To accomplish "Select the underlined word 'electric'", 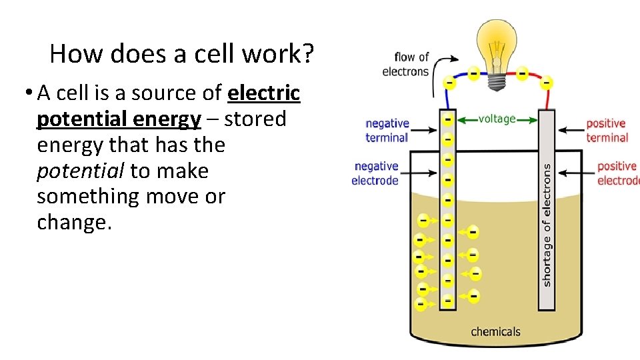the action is coord(264,93).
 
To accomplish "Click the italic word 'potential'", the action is coord(80,171).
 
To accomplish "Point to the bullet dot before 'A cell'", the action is coord(29,92).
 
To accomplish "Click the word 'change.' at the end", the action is coord(74,223).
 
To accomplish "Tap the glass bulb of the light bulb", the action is coord(497,45).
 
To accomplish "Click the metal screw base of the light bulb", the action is coord(497,81).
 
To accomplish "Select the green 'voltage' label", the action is coord(497,119).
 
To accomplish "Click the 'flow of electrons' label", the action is coord(405,64).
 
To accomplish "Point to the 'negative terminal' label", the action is coord(387,131).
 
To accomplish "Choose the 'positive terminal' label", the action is coord(607,131).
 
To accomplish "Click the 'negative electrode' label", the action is coord(375,173).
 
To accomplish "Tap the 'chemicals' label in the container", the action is coord(495,331).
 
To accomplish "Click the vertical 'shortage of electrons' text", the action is coord(547,225).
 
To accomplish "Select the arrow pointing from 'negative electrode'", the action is coord(419,173).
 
